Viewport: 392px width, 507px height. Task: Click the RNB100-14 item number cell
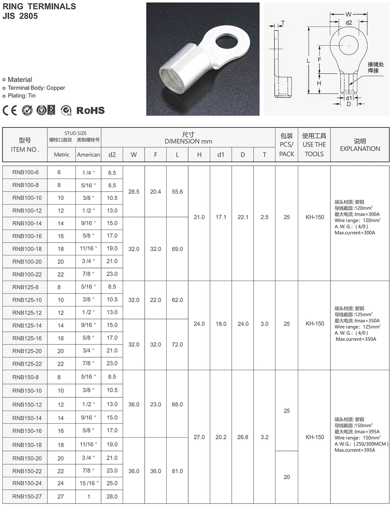click(27, 223)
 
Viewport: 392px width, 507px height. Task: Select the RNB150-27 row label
click(27, 496)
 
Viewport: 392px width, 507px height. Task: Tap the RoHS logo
click(90, 110)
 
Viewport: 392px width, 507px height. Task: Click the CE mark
click(10, 110)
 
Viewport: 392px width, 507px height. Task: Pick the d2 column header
click(112, 155)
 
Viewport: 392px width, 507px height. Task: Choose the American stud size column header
click(88, 155)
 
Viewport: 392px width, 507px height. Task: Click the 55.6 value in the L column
click(177, 192)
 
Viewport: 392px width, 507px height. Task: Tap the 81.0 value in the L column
click(177, 471)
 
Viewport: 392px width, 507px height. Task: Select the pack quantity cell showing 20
click(287, 477)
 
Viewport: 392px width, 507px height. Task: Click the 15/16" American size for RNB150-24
click(89, 483)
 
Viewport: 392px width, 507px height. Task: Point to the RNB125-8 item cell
click(25, 287)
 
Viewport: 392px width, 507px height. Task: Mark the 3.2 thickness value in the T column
click(265, 437)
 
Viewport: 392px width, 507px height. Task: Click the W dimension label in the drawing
click(348, 14)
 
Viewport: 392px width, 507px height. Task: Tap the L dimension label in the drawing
click(308, 61)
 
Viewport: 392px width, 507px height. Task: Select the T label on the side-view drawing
click(283, 23)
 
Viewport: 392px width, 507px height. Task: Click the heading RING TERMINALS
click(39, 6)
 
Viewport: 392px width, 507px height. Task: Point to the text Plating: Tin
click(22, 96)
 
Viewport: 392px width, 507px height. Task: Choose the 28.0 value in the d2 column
click(112, 496)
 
